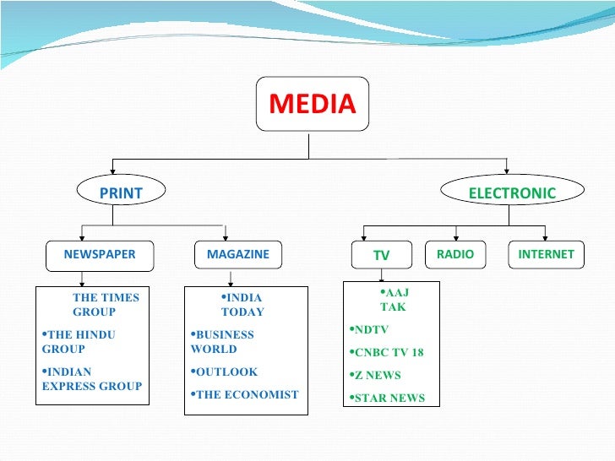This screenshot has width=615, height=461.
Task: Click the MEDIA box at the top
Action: (312, 105)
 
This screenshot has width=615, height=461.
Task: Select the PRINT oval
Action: (121, 193)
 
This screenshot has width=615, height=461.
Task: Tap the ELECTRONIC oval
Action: (512, 193)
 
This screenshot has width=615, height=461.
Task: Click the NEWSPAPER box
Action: (99, 254)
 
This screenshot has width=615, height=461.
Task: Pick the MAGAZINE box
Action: (237, 254)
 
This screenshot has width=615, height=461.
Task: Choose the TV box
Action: (381, 255)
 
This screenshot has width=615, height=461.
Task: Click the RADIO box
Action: (455, 254)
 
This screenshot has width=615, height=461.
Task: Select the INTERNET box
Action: (545, 254)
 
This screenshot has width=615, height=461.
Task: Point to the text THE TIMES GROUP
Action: (105, 305)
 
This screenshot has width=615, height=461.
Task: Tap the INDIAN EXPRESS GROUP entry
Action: (91, 378)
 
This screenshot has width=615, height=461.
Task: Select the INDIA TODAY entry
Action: (242, 305)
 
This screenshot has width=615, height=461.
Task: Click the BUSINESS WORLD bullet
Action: (224, 341)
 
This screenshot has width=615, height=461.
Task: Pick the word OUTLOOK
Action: (226, 372)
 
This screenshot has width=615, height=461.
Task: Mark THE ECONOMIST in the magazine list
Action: (246, 394)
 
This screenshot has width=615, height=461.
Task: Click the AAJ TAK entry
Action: (394, 300)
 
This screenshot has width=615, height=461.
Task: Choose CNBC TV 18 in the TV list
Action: (388, 353)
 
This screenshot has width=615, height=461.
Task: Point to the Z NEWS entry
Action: (377, 376)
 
